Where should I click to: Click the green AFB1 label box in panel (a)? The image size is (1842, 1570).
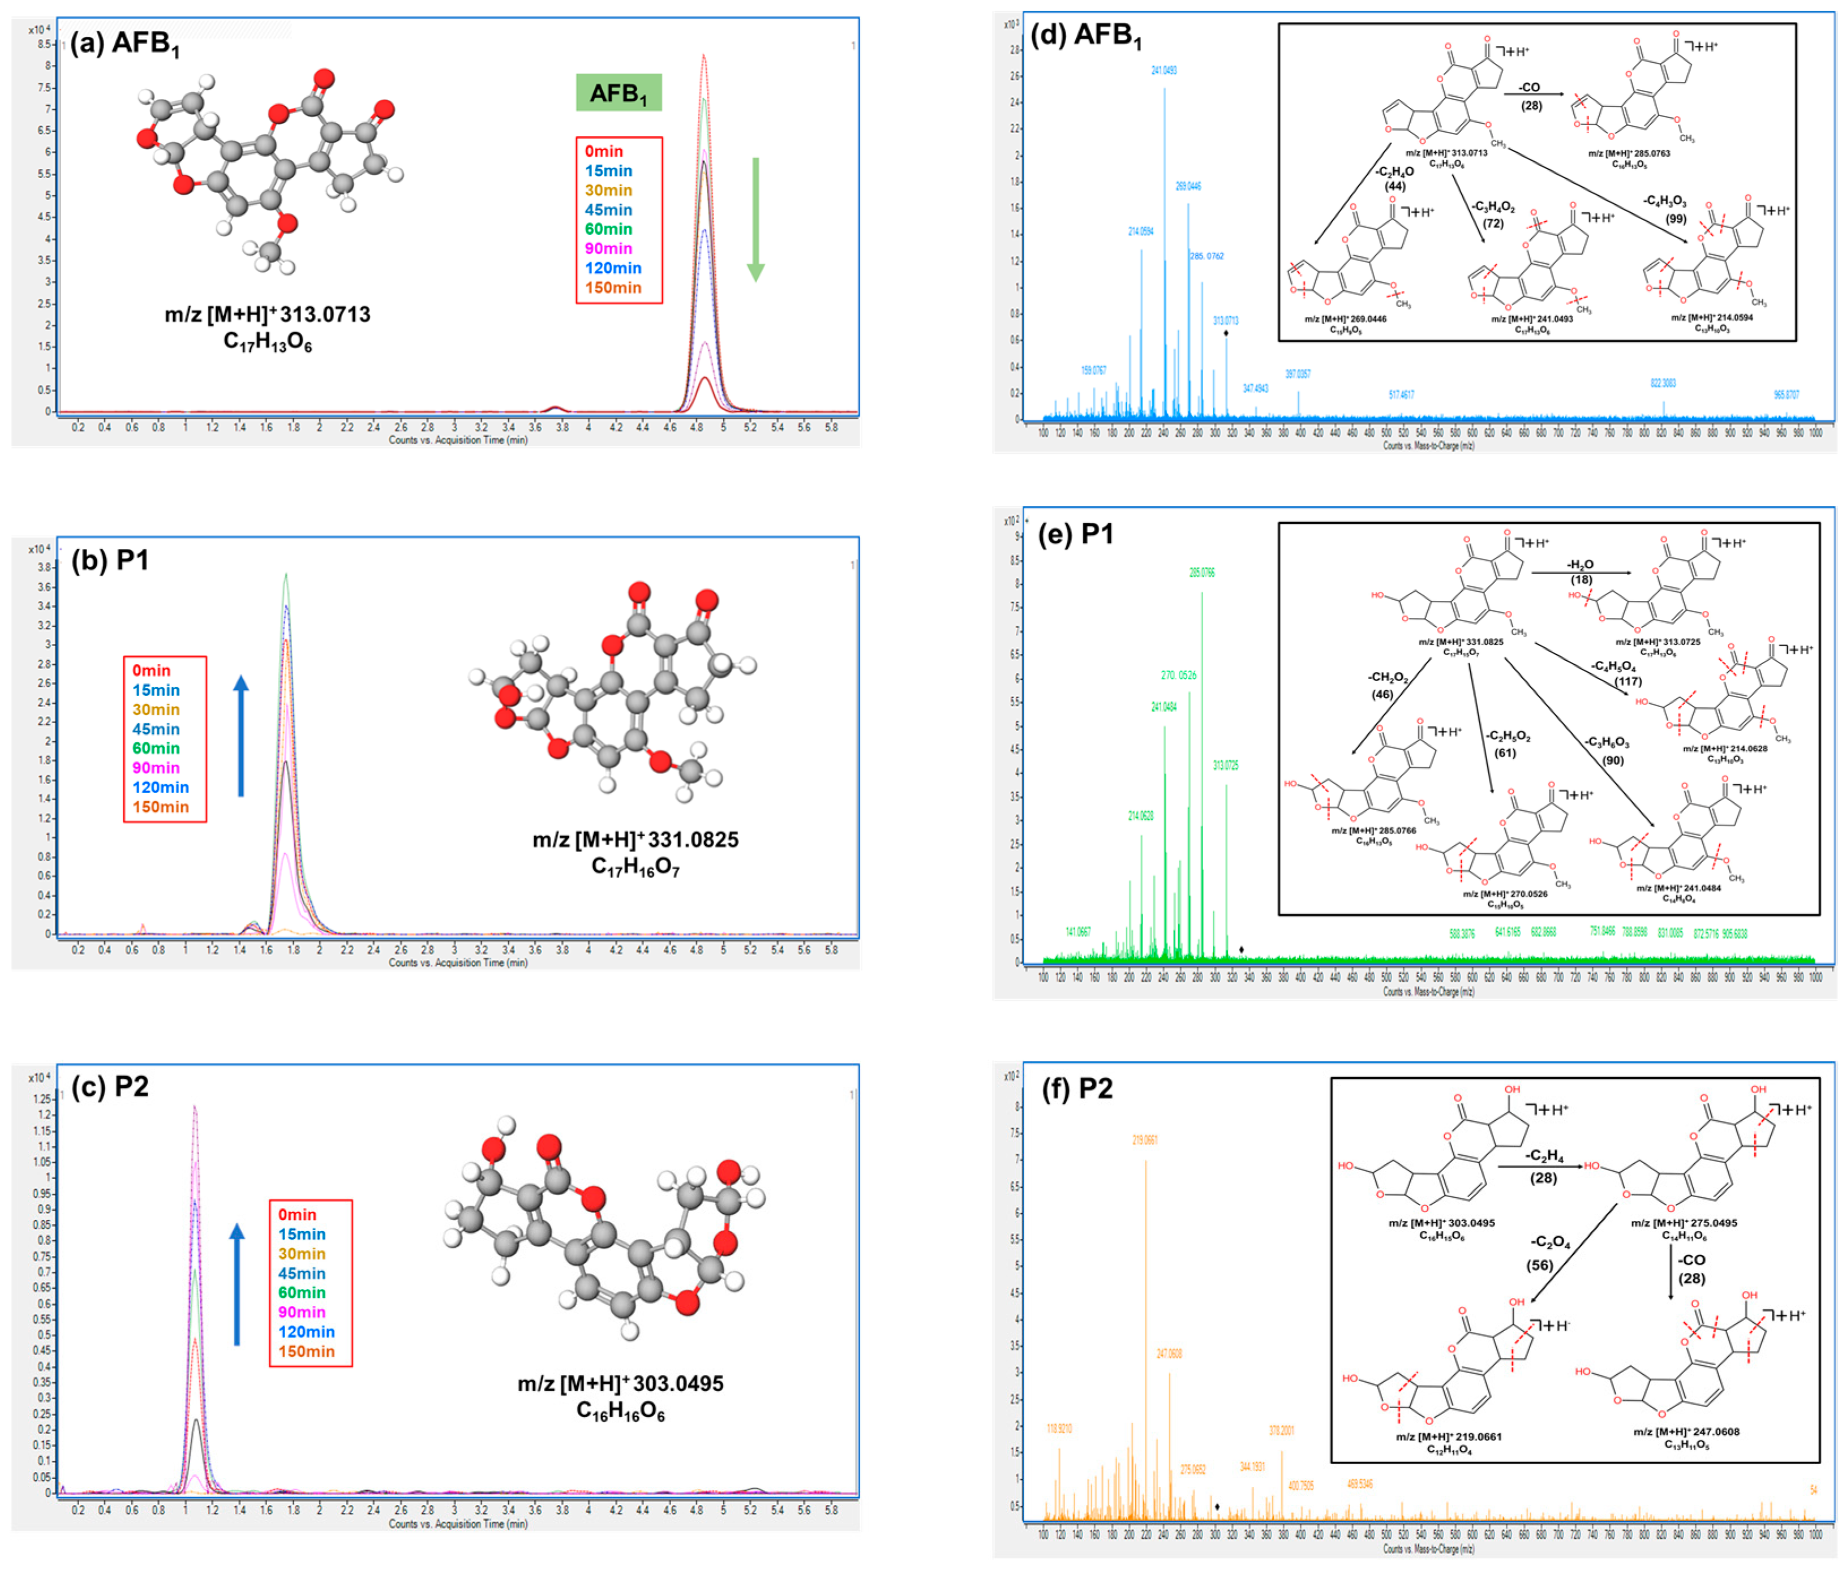tap(619, 92)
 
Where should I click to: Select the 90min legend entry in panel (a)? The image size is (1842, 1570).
tap(608, 248)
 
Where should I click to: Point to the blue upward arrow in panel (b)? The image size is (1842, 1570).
tap(241, 735)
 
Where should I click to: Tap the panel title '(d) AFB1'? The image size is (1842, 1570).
tap(1085, 36)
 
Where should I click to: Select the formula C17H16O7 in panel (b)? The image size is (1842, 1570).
tap(636, 867)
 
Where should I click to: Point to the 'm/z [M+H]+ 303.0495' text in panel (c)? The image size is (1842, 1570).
tap(621, 1383)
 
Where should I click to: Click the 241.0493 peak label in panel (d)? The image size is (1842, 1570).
tap(1163, 70)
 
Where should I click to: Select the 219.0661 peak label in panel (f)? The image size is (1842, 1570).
tap(1145, 1139)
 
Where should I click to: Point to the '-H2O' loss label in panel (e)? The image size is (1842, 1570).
tap(1580, 565)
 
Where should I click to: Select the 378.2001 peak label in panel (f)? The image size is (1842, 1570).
tap(1281, 1430)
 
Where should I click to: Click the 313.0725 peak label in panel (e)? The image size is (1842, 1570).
tap(1225, 765)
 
